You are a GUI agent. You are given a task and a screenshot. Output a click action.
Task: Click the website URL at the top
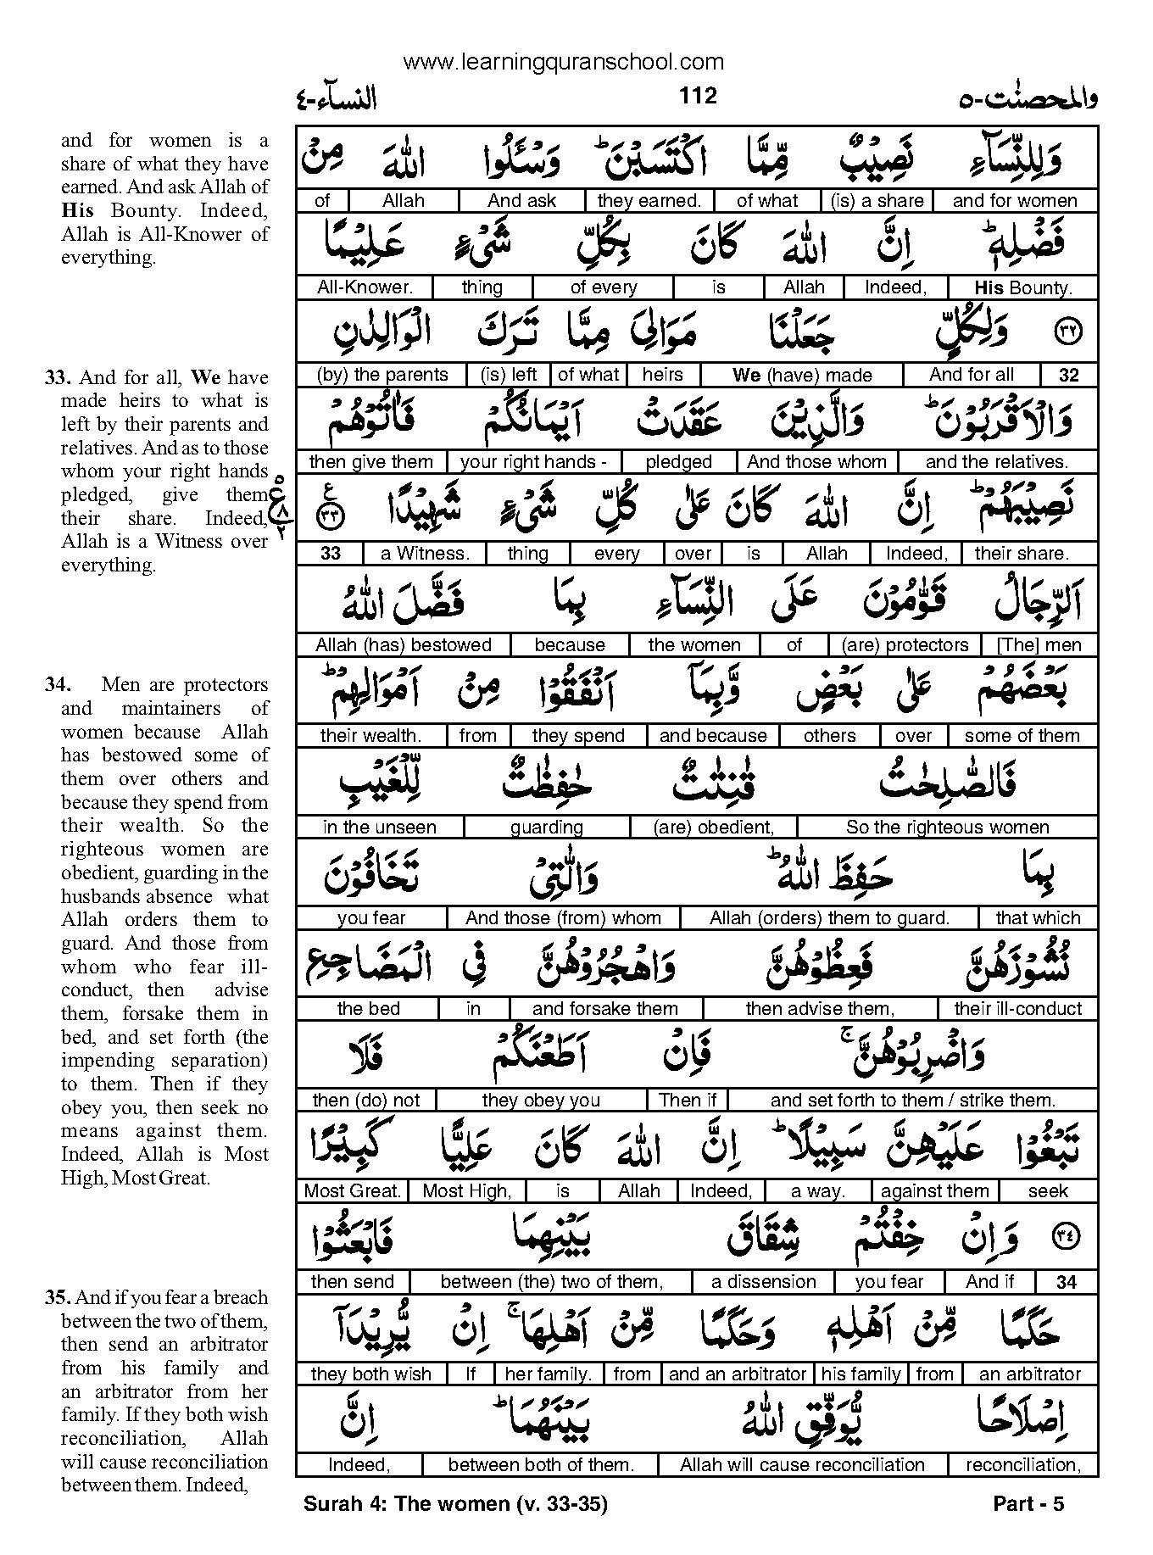click(564, 62)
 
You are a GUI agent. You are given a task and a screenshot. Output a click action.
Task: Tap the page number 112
click(698, 96)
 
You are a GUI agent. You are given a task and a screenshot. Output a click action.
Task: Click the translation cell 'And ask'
click(521, 201)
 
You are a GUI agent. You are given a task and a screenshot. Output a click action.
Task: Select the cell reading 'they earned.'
click(649, 201)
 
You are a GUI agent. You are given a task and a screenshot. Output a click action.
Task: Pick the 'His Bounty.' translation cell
click(1023, 287)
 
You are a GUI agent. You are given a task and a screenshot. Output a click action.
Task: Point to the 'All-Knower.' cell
click(365, 287)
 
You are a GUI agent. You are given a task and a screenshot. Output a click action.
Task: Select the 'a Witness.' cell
click(425, 554)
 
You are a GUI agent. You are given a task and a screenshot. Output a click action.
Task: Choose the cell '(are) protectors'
click(905, 645)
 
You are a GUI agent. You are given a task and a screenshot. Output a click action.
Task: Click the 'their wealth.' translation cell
click(370, 736)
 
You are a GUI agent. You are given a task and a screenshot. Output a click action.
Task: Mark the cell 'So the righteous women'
click(947, 828)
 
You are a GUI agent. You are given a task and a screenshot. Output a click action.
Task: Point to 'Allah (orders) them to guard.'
click(829, 918)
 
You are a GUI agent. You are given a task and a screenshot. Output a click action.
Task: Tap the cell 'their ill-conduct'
click(1017, 1009)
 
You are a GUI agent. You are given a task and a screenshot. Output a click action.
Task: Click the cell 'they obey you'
click(541, 1101)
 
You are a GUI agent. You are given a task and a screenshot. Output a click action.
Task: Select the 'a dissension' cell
click(764, 1282)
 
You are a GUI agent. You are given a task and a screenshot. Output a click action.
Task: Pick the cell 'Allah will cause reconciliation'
click(802, 1464)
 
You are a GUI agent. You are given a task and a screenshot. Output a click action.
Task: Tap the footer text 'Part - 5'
click(1028, 1505)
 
